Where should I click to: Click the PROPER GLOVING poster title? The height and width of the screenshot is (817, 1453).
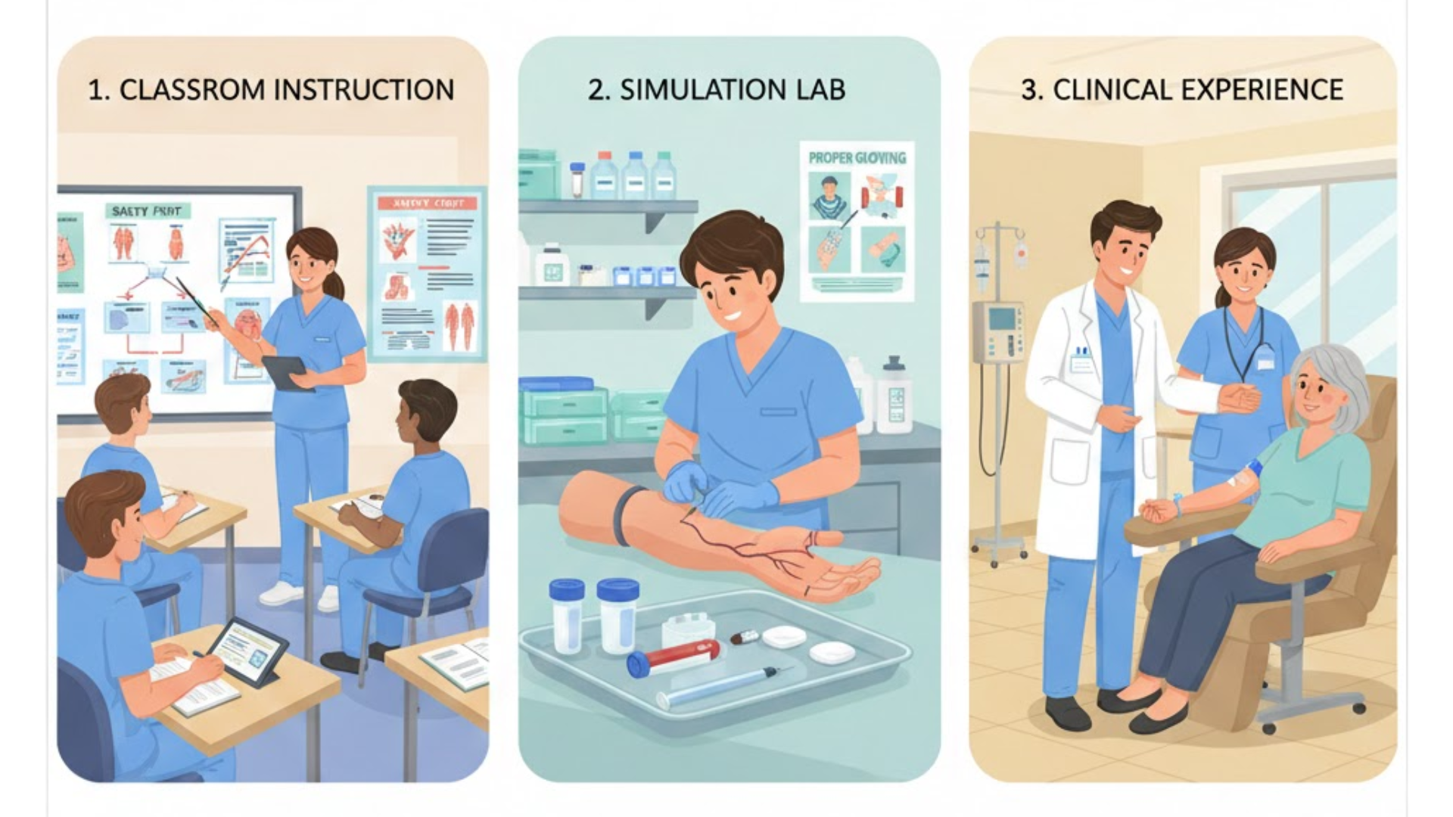(857, 158)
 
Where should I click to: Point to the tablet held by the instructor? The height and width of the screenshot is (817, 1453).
(286, 371)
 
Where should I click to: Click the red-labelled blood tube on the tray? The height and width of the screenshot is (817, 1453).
(674, 656)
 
